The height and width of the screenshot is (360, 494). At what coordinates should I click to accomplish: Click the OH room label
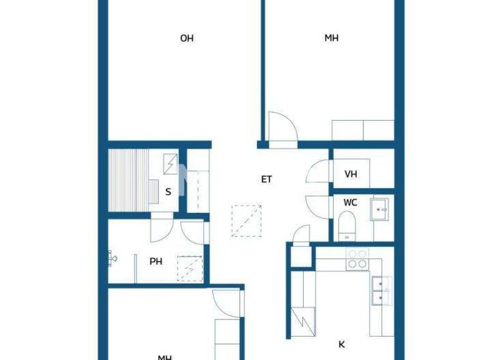(x=187, y=39)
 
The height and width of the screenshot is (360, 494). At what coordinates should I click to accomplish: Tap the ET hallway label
(x=266, y=179)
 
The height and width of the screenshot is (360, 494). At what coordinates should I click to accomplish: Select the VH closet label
(x=351, y=174)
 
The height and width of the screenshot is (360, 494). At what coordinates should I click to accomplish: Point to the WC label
(x=350, y=203)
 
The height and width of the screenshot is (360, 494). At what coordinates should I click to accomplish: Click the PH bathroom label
(x=156, y=262)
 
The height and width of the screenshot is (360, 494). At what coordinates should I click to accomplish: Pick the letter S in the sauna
(x=168, y=191)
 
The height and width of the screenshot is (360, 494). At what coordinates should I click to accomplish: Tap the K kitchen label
(x=342, y=343)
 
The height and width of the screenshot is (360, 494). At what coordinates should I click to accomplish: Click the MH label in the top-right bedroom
(x=331, y=39)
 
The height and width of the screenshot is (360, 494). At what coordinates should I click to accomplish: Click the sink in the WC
(x=380, y=208)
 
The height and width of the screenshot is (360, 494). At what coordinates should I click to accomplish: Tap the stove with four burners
(x=357, y=258)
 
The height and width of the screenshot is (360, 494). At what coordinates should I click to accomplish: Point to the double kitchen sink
(x=381, y=289)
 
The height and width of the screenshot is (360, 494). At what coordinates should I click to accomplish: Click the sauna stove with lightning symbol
(x=171, y=165)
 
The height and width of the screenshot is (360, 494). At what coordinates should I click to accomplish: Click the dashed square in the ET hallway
(x=246, y=221)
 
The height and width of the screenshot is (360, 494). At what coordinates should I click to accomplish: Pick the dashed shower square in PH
(x=190, y=268)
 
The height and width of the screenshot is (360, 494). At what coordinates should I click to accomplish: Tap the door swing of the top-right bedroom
(x=282, y=129)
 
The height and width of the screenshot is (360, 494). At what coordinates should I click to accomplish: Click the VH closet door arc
(x=318, y=173)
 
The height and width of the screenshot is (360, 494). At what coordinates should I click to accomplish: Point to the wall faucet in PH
(x=113, y=259)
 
